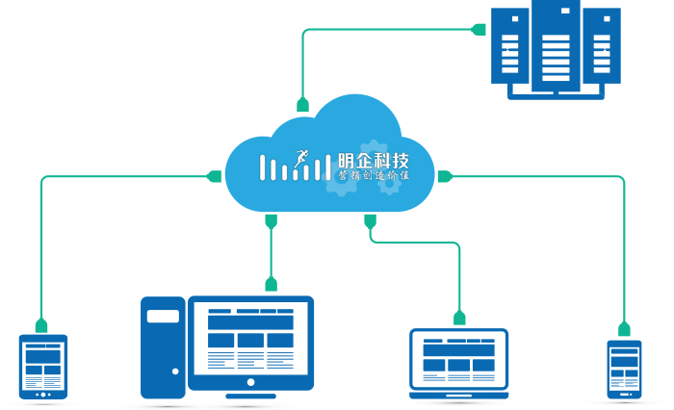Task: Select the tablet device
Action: point(43,367)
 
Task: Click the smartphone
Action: point(623,368)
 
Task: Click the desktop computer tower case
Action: point(163,346)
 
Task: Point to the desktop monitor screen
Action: point(250,340)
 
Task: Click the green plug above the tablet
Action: point(41,324)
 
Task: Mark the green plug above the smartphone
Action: point(624,328)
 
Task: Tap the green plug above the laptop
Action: point(459,317)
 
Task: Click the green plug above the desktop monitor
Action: point(271,283)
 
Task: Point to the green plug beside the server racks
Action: point(479,29)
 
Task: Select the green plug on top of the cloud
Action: point(302,105)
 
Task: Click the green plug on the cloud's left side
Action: point(215,176)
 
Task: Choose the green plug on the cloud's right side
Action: point(444,176)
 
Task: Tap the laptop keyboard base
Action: point(458,393)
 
